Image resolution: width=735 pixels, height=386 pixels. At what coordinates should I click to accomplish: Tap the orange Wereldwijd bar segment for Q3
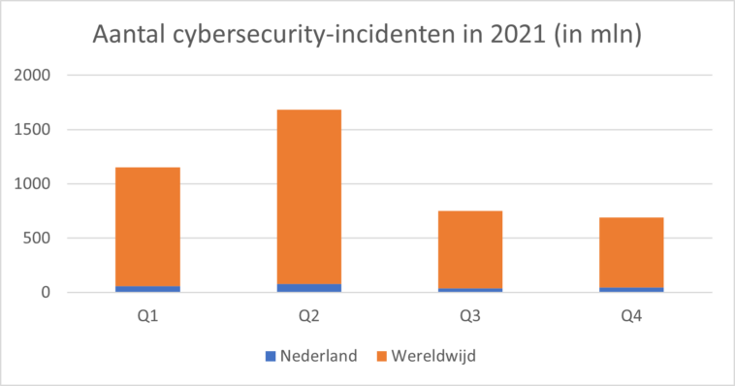click(x=469, y=249)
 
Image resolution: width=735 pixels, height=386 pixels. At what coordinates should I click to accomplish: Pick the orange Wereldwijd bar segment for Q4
click(x=630, y=252)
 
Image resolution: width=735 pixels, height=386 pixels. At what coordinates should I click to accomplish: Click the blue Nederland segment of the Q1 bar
click(x=147, y=289)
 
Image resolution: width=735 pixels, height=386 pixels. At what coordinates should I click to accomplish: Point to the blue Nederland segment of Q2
click(x=308, y=288)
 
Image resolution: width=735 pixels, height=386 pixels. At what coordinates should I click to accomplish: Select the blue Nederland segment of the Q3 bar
click(x=469, y=290)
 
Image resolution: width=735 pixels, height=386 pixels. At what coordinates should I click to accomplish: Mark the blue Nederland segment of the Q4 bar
click(x=630, y=289)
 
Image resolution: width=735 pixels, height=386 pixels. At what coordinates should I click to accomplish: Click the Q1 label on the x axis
click(x=147, y=314)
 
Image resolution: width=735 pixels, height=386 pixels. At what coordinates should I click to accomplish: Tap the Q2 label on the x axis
click(x=308, y=314)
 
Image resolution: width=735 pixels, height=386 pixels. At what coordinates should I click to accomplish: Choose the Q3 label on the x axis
click(x=469, y=314)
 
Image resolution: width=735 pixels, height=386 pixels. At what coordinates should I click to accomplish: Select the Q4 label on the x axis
click(x=630, y=314)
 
